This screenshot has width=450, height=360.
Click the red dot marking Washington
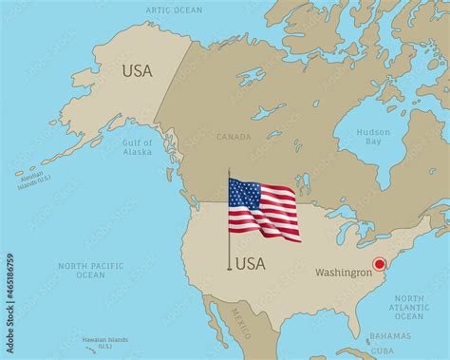tap(379, 264)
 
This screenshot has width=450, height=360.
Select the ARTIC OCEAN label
tap(174, 9)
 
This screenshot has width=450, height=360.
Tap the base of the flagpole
tap(228, 269)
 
